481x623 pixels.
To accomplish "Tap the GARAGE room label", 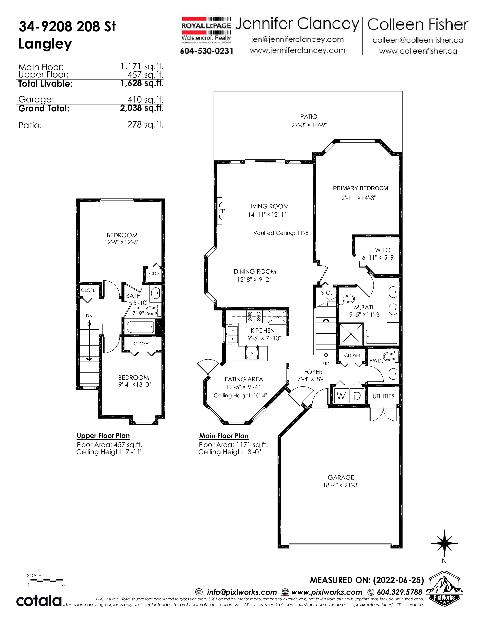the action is point(341,477).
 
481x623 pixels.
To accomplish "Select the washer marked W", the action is point(341,396).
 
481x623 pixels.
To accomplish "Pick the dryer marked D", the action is point(357,396).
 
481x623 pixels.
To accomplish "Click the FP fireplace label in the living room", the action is point(222,211).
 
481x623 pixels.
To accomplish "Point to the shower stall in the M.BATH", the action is point(351,334).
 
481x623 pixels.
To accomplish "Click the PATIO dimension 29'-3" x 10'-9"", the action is point(309,125).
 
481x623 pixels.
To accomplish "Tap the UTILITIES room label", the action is point(383,396).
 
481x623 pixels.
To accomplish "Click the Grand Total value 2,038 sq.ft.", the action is point(142,108).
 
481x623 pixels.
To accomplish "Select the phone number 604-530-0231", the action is point(207,51).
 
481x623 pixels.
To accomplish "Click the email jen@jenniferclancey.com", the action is point(297,39).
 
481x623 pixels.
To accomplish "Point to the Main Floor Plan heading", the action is point(224,436).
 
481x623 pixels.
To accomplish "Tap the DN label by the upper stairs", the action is point(89,316).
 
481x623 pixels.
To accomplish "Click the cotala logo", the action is point(39,601).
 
